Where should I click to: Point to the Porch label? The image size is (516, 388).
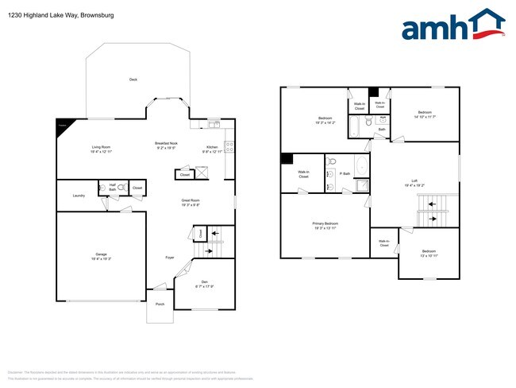[160, 305]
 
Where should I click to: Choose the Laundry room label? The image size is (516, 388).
[79, 196]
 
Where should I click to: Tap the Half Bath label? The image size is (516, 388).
[113, 188]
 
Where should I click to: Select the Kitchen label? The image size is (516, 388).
[212, 148]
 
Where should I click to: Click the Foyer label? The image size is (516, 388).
[170, 258]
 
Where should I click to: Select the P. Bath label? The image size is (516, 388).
[345, 173]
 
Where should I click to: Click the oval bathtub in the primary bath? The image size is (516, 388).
[362, 167]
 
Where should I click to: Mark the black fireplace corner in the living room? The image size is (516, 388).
[60, 125]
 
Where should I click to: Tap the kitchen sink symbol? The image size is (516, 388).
[214, 123]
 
